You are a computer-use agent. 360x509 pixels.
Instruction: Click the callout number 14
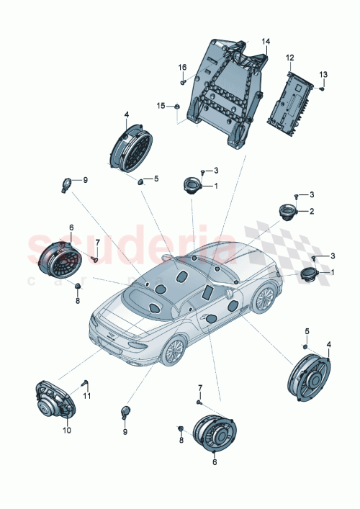coord(265,42)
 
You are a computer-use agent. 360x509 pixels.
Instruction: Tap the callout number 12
coord(289,57)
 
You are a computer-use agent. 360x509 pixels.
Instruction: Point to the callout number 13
coord(323,74)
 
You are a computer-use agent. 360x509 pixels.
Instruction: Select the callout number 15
coord(161,105)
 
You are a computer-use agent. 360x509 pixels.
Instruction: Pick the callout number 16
coord(183,67)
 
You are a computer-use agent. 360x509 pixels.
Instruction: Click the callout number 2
coord(311,211)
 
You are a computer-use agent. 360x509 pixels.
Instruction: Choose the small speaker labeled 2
coord(289,213)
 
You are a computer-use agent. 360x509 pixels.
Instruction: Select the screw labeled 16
coord(183,81)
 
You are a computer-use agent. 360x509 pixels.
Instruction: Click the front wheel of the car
coord(173,351)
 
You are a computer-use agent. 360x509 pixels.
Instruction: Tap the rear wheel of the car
coord(265,297)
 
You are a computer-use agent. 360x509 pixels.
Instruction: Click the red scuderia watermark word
coord(130,248)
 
